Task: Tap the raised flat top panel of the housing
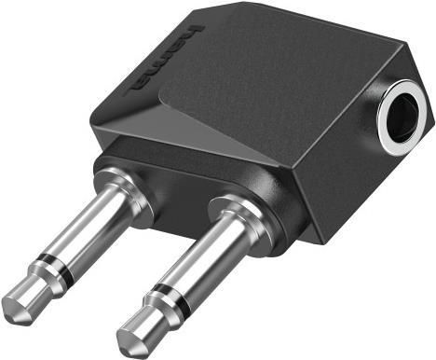pyautogui.click(x=261, y=75)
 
